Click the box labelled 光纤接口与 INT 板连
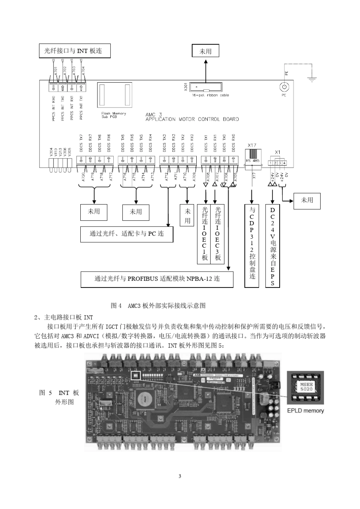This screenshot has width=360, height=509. (75, 51)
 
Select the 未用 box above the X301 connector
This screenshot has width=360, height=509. (205, 51)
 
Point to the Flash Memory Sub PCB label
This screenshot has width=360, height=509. (113, 115)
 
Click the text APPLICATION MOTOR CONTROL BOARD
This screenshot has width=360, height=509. (192, 119)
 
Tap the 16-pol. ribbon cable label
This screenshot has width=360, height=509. (210, 95)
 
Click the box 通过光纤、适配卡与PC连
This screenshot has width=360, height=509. (127, 234)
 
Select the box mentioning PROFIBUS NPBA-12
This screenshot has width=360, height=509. (157, 279)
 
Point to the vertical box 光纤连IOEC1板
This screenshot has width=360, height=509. (205, 234)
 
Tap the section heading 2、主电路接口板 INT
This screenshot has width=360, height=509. (64, 317)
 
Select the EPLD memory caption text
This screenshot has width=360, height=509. (305, 411)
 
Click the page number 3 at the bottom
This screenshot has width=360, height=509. (180, 476)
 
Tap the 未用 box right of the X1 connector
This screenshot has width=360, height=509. (307, 200)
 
